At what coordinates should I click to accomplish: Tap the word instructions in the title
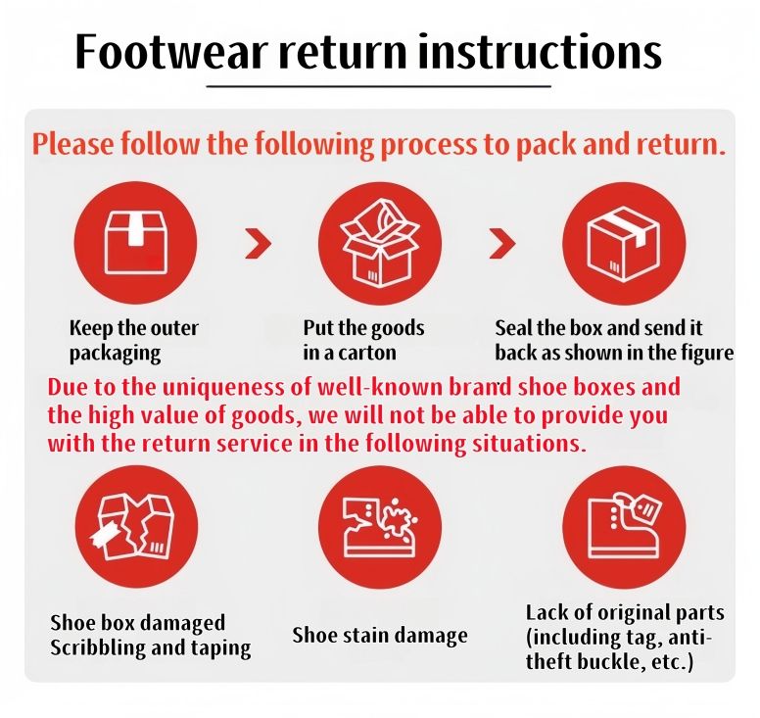coord(540,52)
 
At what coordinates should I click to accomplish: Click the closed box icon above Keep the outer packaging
coord(136,242)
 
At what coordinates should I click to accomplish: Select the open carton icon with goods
coord(380,243)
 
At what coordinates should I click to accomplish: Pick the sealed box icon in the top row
coord(624,243)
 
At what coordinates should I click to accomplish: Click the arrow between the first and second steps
coord(259,243)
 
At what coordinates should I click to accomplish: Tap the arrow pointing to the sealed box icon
coord(502,243)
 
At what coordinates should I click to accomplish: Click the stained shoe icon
coord(380,527)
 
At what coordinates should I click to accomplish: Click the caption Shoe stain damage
coord(380,635)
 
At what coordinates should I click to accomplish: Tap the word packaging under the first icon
coord(115,354)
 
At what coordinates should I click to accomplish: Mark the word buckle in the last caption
coord(614,662)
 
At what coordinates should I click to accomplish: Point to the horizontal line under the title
coord(379,87)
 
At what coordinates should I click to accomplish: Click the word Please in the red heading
coord(73,144)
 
